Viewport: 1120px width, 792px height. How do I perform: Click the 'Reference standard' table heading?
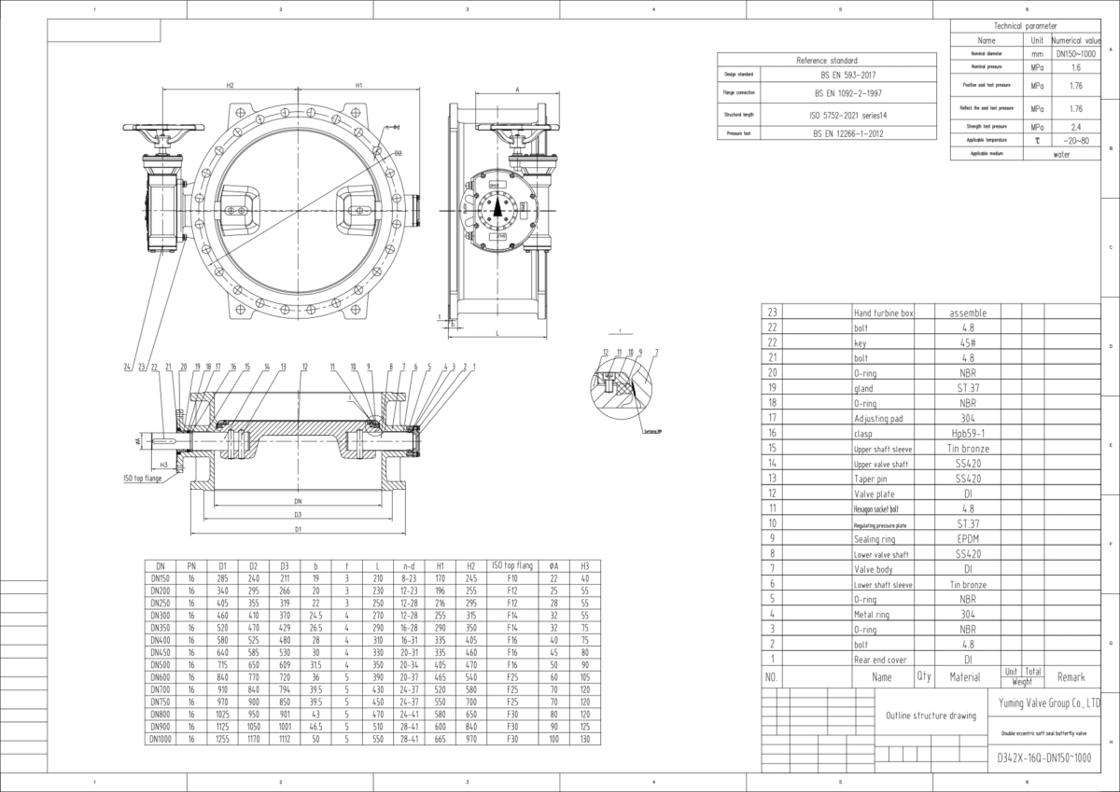[x=826, y=60]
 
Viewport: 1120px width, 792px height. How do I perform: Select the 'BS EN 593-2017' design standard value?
[x=848, y=74]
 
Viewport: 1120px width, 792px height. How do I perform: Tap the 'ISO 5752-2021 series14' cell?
[x=848, y=115]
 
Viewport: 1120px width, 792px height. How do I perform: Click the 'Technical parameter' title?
[x=1026, y=27]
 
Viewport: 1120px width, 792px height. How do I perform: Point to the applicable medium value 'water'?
[x=1062, y=154]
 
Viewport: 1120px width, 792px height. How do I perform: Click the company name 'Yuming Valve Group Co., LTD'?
[x=1043, y=705]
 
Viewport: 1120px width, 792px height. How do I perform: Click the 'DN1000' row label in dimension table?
[x=161, y=738]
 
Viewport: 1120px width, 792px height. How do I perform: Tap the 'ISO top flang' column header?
[x=511, y=565]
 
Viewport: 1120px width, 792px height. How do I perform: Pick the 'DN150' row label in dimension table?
[x=161, y=577]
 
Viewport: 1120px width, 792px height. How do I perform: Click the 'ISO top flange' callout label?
[x=142, y=478]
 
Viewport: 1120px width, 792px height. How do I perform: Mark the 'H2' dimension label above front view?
[x=230, y=85]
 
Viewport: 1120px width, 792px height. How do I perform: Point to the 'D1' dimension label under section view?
[x=298, y=529]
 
